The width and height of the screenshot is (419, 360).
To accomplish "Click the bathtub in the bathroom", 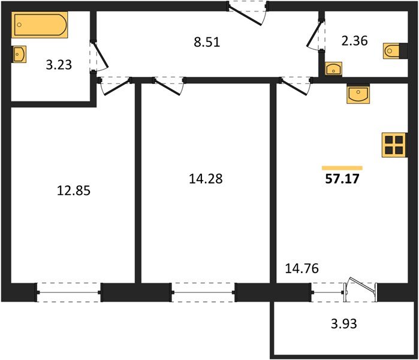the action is point(40,25).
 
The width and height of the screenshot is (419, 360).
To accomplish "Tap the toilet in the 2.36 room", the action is point(395,50).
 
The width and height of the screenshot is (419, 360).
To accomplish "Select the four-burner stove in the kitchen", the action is point(394,145).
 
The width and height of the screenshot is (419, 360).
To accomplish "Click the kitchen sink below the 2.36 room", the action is point(358,94).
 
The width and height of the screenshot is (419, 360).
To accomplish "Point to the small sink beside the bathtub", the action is point(19,54).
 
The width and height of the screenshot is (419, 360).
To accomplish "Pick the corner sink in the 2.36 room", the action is point(333,69).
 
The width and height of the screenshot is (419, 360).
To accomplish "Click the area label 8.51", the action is point(207,42).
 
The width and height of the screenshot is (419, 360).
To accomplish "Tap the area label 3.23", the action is point(59,65).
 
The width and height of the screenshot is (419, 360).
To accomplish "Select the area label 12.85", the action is point(74,191).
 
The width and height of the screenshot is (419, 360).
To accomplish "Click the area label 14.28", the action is point(206,179).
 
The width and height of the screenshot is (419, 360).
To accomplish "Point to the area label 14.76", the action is point(302,268).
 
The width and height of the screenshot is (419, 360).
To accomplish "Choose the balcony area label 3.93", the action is point(344,323).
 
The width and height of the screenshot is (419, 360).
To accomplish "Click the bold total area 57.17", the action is point(342,179).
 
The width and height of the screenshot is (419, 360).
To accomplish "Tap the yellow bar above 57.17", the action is point(342,168).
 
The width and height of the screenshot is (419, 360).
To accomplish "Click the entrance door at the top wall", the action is point(247,13).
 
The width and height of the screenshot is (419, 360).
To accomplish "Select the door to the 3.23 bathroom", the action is point(98,56).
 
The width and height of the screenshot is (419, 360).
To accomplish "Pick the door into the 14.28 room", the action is point(168,86).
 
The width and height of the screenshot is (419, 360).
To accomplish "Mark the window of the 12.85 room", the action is point(69,292).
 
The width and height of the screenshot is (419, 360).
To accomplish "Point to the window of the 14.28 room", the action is point(203,292).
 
